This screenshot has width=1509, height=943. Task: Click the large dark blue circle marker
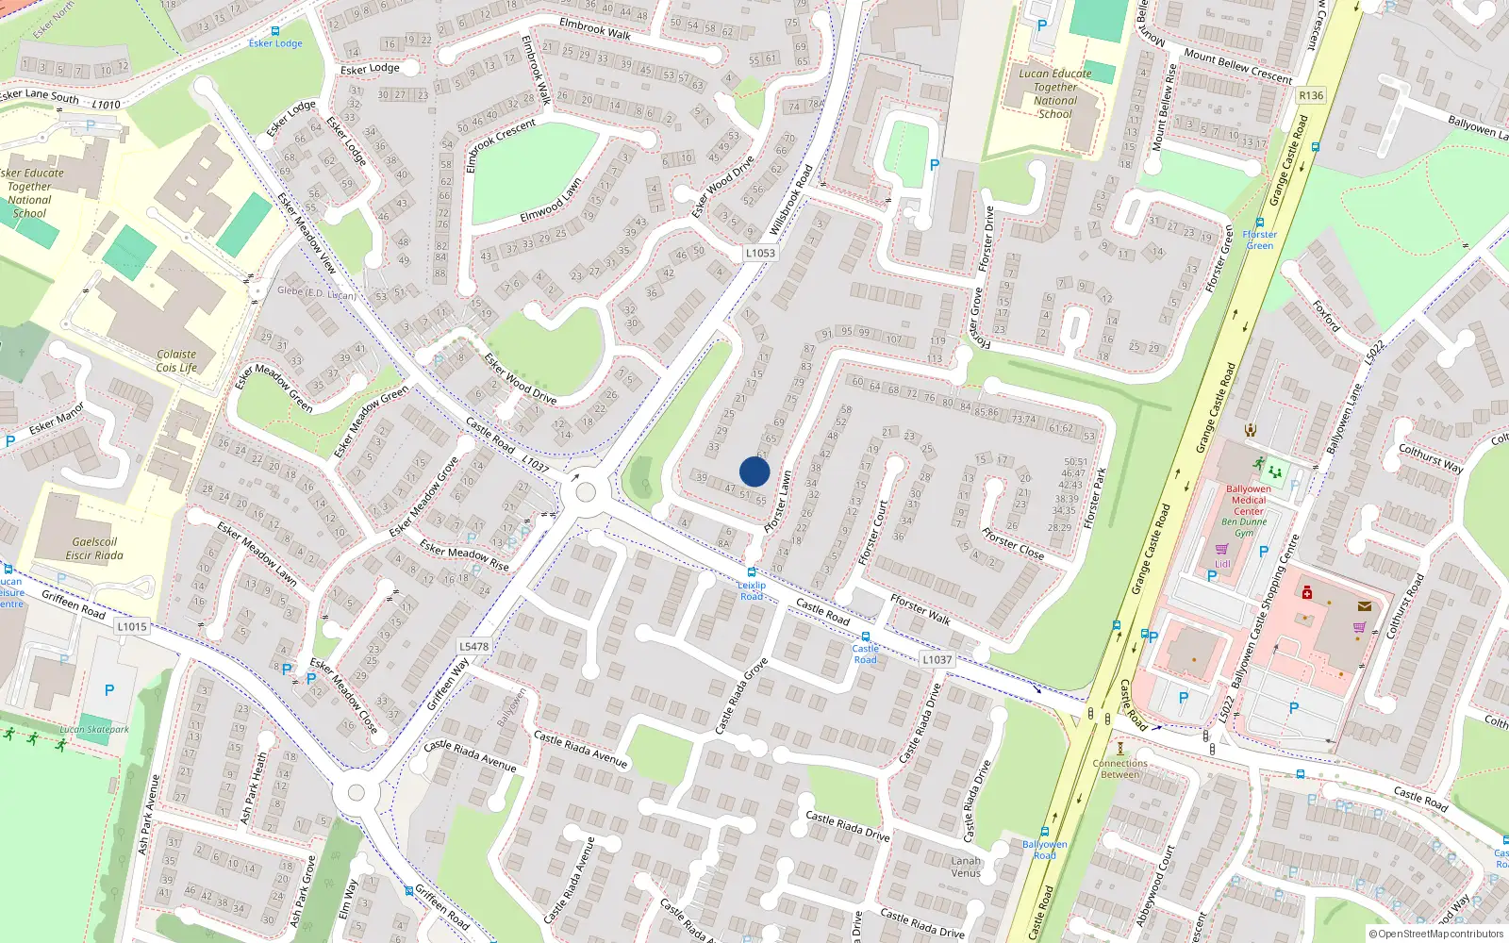tap(754, 471)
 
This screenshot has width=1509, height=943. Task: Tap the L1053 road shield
tap(760, 253)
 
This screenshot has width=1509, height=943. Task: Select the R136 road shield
tap(1311, 95)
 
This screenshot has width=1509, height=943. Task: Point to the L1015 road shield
tap(132, 626)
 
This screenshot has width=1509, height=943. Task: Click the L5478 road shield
tap(473, 647)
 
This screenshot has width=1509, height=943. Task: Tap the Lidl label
tap(1222, 564)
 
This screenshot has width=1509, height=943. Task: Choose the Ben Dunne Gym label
tap(1244, 527)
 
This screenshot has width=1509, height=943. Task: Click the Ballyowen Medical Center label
tap(1248, 500)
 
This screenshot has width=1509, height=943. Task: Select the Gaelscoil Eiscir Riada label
tap(94, 549)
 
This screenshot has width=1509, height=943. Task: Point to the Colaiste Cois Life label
tap(176, 361)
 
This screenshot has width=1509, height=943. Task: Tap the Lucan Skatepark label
tap(94, 729)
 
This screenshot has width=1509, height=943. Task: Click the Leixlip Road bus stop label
tap(752, 590)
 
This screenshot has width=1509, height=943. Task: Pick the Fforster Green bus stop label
tap(1259, 240)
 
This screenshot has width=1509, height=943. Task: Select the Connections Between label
tap(1119, 769)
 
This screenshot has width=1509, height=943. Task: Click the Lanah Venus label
tap(966, 867)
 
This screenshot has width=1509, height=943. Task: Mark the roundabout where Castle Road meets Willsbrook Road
tap(586, 492)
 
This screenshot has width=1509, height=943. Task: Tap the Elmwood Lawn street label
tap(551, 202)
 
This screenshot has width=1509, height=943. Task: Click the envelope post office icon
tap(1364, 606)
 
